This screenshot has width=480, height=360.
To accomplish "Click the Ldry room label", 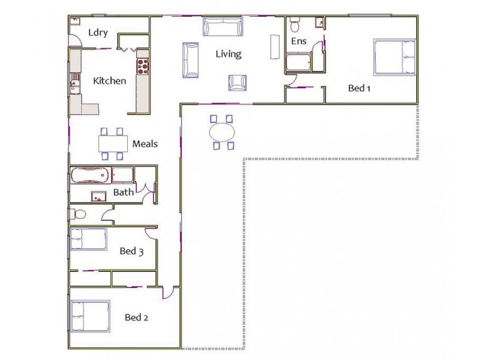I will pos(98,32).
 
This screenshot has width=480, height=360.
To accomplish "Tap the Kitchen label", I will pos(109,80).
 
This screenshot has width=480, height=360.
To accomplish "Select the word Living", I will pos(229,54).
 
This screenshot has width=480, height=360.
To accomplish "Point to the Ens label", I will pos(299,41).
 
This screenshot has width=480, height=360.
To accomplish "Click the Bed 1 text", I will pos(359,88).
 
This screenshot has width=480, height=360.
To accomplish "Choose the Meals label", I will pos(145,143).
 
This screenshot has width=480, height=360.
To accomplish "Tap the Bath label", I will pos(124,193).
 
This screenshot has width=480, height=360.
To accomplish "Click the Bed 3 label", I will pos(131,251).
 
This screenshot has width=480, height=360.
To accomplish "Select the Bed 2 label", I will pos(136,317).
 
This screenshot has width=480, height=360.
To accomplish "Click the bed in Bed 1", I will pos(394,57).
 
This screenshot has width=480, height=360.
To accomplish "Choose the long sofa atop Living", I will pos(223,28).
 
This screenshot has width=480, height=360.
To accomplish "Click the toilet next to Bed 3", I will pos(79,214).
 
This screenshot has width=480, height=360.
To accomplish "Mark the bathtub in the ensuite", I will pos(299,62).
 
